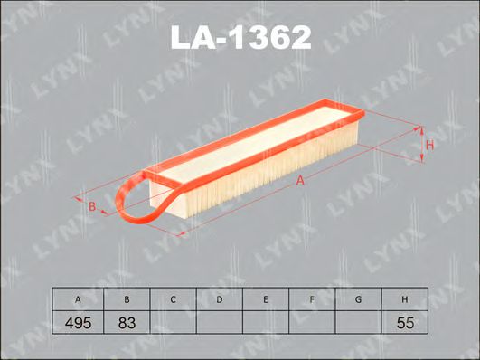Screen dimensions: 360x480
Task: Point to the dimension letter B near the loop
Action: click(x=91, y=207)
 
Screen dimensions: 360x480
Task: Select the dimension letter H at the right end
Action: click(x=431, y=146)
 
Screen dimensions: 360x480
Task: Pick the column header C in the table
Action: click(x=173, y=299)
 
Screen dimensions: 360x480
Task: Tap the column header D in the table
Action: click(x=219, y=299)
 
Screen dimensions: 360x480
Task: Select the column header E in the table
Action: click(x=266, y=299)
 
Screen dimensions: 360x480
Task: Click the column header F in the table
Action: click(x=312, y=299)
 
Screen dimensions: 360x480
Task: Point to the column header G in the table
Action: click(x=359, y=299)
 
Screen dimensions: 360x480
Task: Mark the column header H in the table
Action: click(x=405, y=299)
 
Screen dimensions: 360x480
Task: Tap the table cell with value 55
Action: click(x=405, y=321)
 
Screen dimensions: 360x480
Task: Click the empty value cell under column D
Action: click(x=219, y=321)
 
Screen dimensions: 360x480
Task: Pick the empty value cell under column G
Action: click(x=359, y=321)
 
